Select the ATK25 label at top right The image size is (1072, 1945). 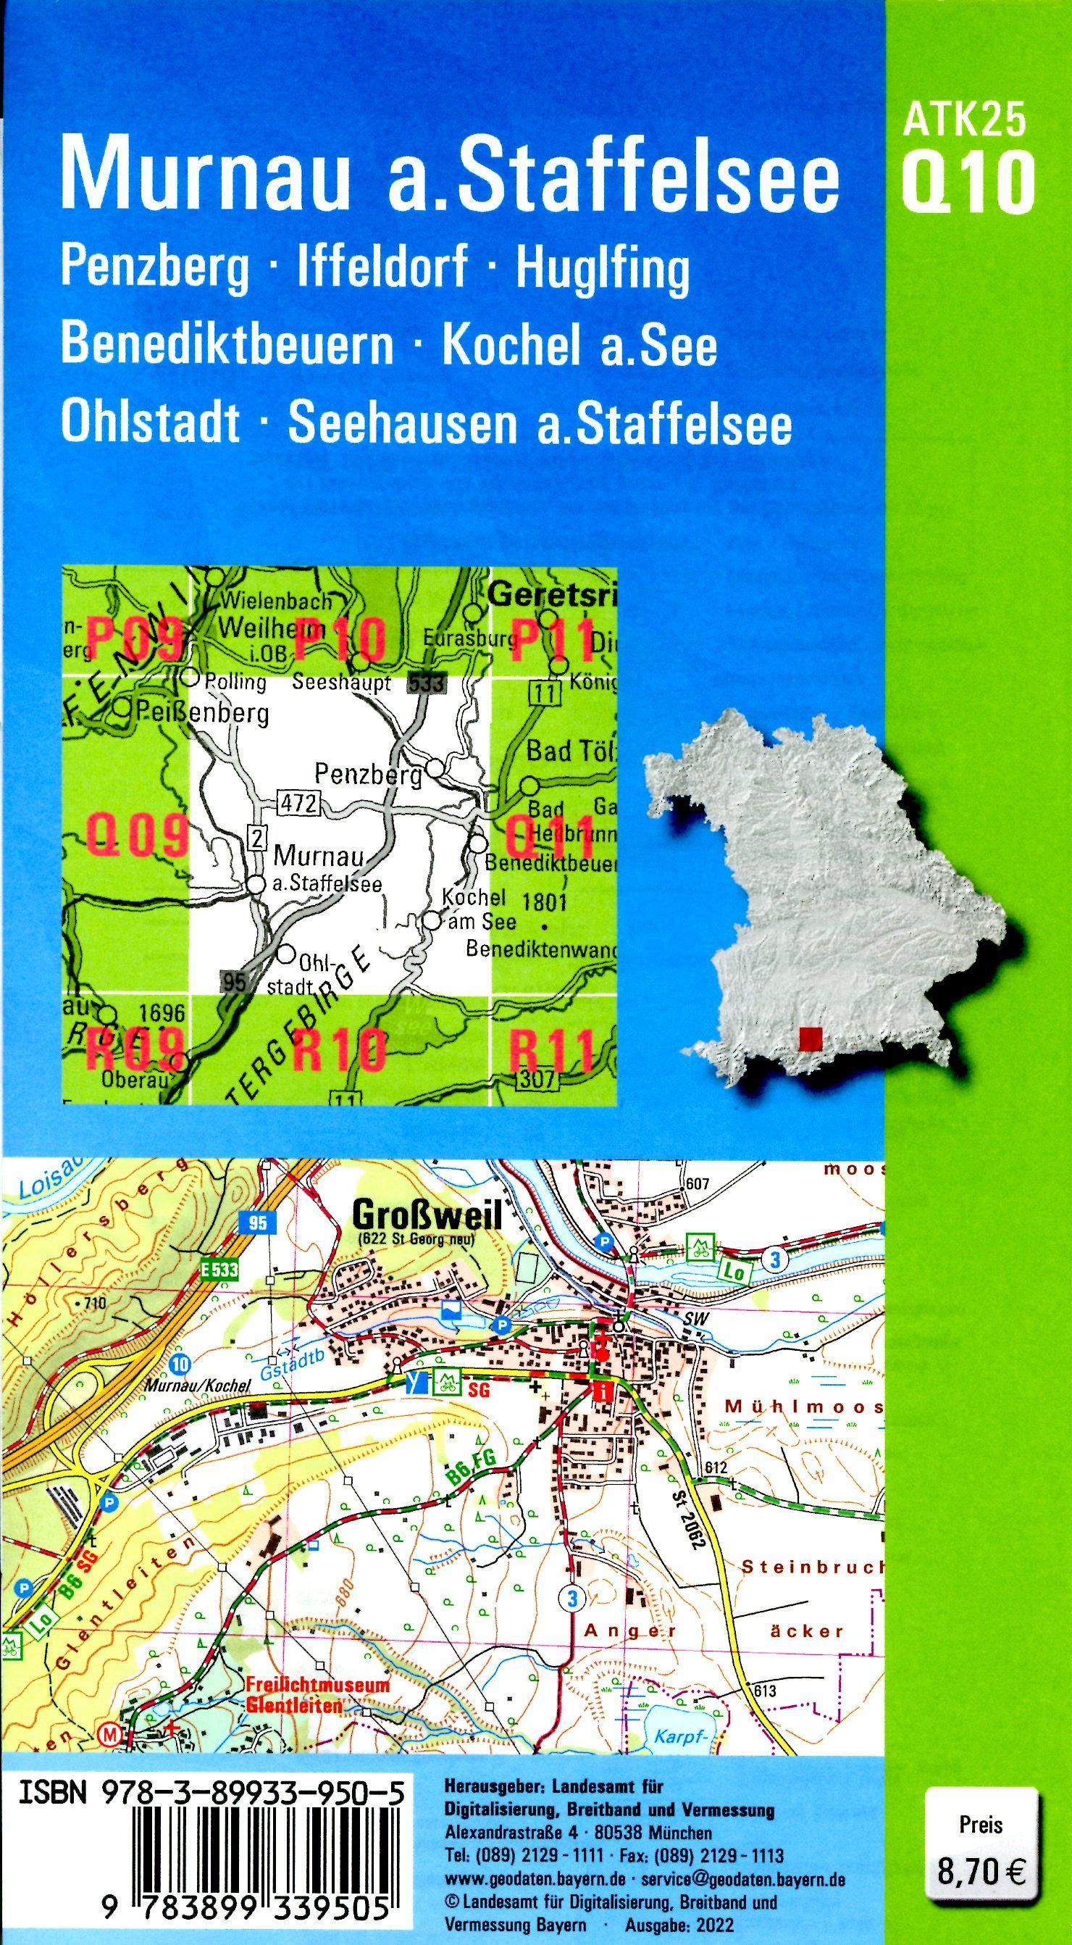[966, 120]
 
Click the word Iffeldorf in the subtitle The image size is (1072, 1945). [382, 269]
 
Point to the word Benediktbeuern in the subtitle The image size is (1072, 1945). [227, 346]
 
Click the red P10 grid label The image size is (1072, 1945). [340, 638]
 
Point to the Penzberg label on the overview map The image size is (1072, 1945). [368, 775]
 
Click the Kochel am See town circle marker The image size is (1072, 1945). [431, 920]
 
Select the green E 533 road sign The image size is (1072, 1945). [219, 1271]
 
